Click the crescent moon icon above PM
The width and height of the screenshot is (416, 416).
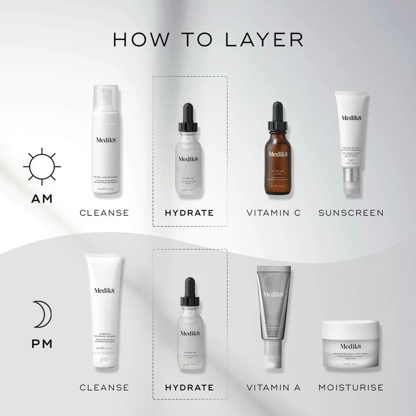[x=42, y=314]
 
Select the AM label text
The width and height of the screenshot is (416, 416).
[x=42, y=199]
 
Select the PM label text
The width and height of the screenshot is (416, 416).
[x=42, y=344]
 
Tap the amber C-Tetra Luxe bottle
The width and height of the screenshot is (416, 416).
[x=277, y=162]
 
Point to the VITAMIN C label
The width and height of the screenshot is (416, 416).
[x=274, y=212]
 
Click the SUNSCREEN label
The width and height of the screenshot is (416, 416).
[x=351, y=212]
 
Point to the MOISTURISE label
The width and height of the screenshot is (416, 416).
[x=351, y=388]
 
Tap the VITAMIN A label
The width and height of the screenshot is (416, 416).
[x=273, y=388]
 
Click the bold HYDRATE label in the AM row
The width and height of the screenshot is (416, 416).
[x=189, y=212]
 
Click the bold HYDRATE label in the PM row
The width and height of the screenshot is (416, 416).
[x=189, y=388]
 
